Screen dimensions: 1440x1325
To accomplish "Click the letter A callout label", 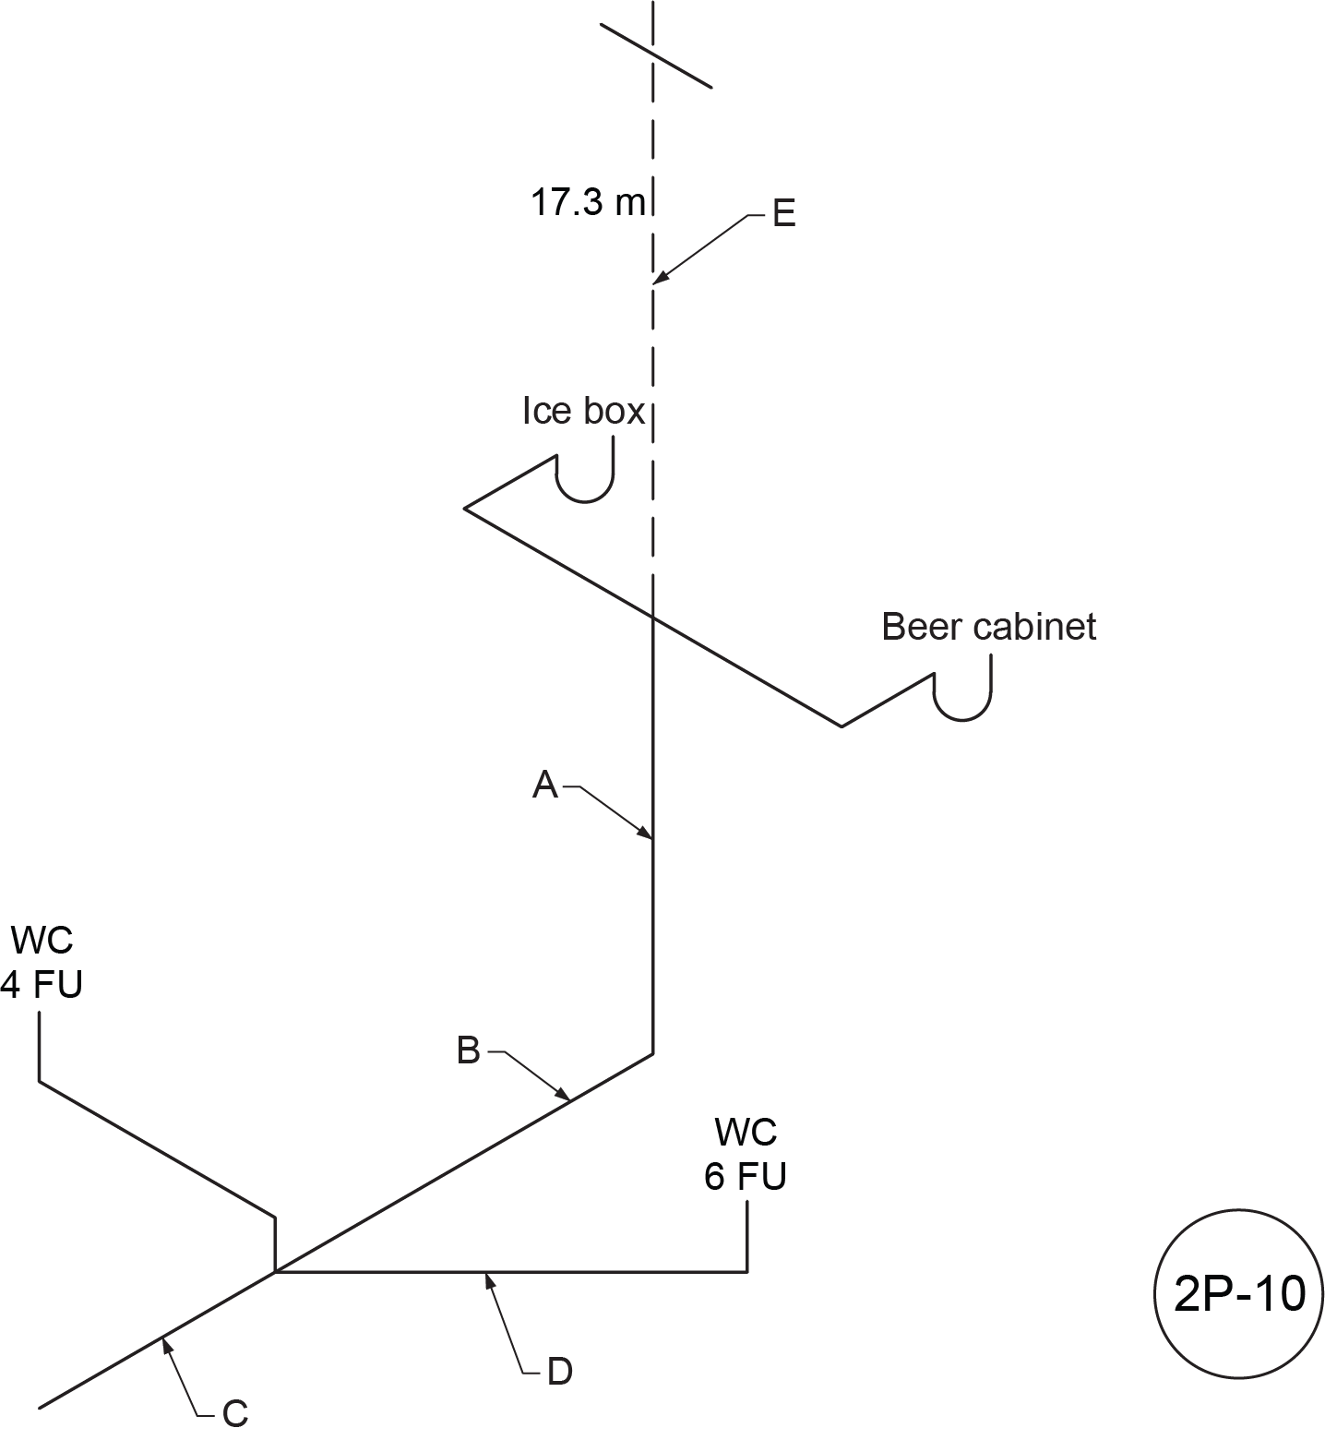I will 545,786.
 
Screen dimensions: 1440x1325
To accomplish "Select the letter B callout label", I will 469,1050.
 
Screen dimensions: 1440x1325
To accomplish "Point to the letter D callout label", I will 559,1372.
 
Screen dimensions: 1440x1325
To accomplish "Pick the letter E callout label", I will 783,215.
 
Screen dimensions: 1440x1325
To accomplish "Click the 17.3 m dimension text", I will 588,202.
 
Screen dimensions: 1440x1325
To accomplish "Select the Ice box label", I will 583,411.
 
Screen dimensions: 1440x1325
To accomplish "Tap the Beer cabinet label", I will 988,627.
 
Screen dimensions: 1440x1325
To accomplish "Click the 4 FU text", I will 42,985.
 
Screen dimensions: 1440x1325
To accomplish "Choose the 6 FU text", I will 746,1177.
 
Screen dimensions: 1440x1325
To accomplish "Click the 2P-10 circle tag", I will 1239,1294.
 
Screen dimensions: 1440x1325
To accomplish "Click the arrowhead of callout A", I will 649,837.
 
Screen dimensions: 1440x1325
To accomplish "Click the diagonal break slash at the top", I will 655,55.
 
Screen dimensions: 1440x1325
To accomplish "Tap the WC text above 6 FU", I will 746,1133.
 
